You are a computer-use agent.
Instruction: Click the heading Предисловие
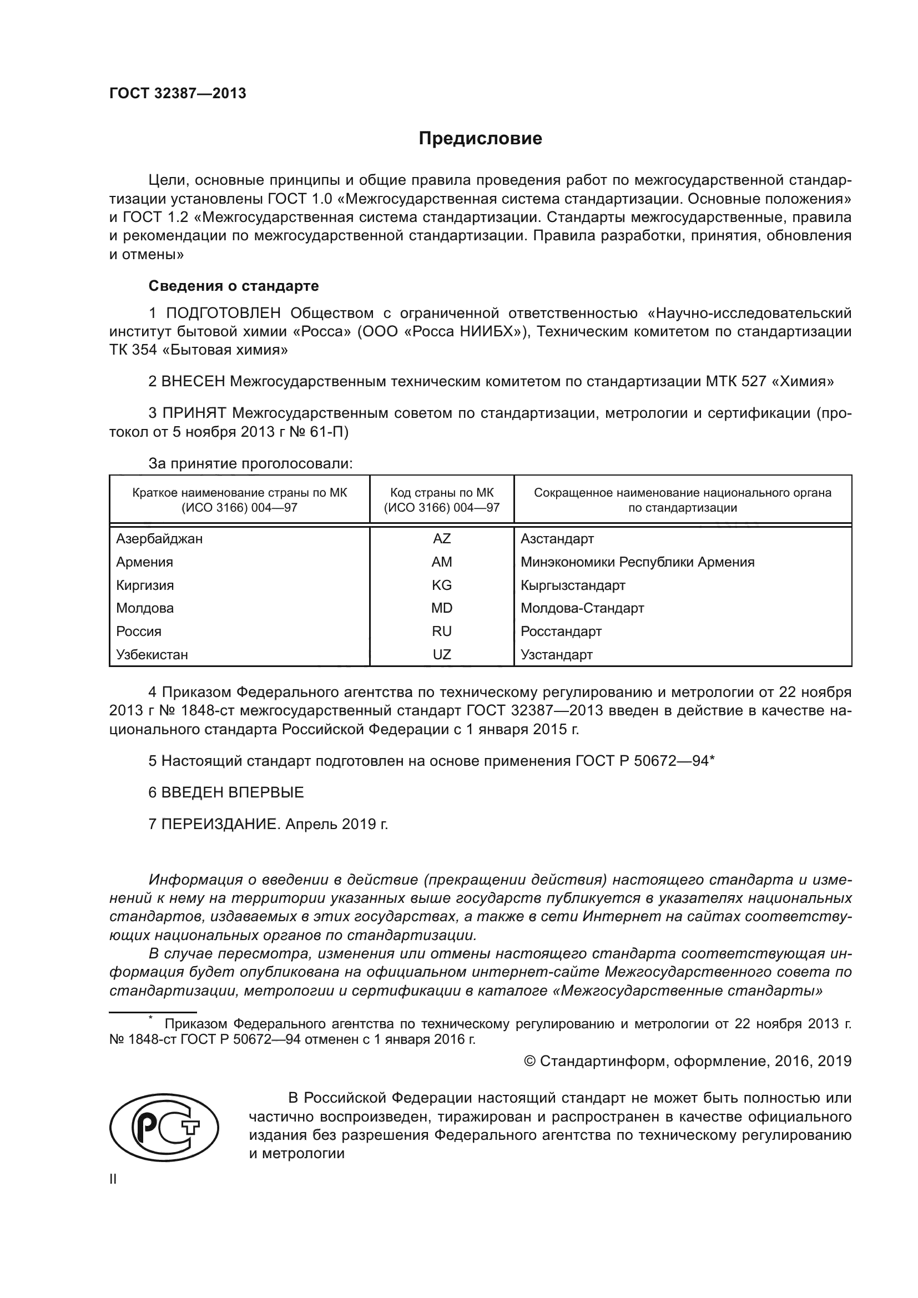tap(480, 139)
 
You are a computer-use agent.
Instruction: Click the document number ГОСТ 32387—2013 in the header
tap(178, 93)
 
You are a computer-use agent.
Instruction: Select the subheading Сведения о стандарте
tap(234, 286)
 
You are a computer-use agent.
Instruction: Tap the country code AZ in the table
tap(441, 539)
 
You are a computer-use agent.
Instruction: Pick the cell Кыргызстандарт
tap(573, 585)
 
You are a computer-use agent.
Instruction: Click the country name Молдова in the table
tap(145, 608)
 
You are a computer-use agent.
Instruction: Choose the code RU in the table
tap(441, 632)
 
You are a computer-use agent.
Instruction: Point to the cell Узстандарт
tap(556, 655)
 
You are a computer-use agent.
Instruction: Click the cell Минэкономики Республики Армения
tap(637, 562)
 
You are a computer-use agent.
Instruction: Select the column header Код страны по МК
tap(441, 493)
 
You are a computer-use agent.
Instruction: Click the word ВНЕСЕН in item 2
tap(193, 382)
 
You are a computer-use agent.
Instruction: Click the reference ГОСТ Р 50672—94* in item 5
tap(645, 761)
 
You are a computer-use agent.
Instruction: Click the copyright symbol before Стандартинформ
tap(529, 1061)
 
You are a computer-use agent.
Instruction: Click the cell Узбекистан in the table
tap(152, 655)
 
